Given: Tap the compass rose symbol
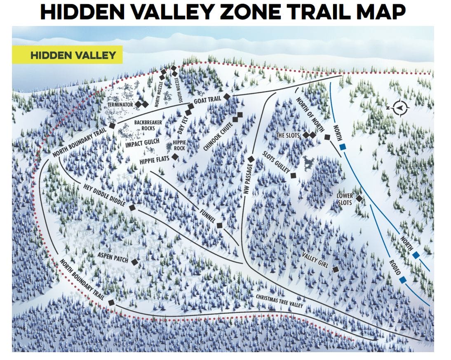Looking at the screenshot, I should click(399, 108).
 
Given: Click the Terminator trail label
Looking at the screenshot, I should click(120, 105).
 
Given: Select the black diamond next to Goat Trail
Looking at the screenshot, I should click(226, 97).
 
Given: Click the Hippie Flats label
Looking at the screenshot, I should click(152, 159).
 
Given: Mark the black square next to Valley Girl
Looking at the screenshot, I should click(336, 269).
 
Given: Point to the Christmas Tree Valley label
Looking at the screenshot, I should click(279, 302).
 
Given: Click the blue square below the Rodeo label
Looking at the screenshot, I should click(403, 280).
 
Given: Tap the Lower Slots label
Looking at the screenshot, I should click(344, 199).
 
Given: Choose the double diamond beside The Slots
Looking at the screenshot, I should click(309, 135).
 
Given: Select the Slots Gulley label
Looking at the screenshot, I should click(276, 162).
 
